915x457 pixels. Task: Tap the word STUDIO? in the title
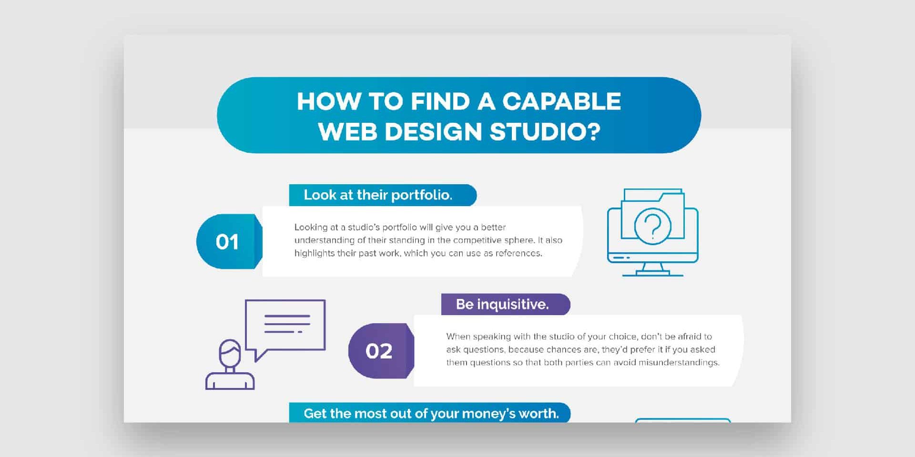545,132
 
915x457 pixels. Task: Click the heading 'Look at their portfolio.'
378,195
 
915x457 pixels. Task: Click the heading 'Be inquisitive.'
502,304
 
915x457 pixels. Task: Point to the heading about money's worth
431,413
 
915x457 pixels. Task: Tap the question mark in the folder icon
652,226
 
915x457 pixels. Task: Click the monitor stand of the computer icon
653,270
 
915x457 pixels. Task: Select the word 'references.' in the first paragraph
518,253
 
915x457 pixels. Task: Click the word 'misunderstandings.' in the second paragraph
679,363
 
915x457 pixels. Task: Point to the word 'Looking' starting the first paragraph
311,228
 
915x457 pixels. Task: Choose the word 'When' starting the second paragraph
458,337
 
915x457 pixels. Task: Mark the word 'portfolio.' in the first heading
422,195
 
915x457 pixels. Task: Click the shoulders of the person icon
230,381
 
